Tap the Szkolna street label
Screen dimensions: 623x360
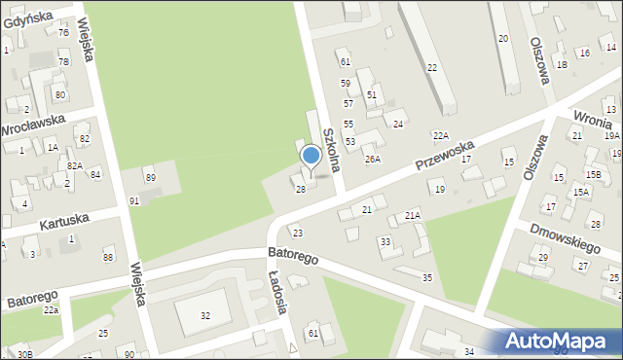coord(332,146)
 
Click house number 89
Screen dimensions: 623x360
coord(150,177)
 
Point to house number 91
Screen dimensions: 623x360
coord(134,200)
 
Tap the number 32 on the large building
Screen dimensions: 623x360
coord(205,316)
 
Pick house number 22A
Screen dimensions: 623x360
coord(441,135)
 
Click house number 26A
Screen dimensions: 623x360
coord(372,159)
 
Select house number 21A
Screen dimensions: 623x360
coord(413,215)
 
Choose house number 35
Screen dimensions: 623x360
coord(426,278)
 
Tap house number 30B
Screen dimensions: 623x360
coord(24,354)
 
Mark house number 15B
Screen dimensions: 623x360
coord(592,173)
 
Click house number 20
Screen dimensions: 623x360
coord(502,38)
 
